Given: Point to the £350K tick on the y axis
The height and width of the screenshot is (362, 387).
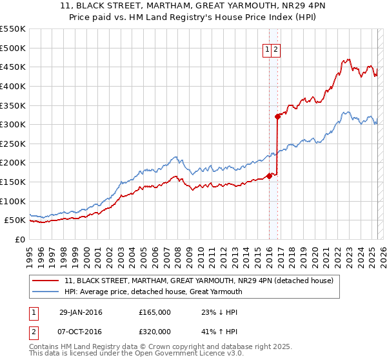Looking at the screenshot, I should point(13,105).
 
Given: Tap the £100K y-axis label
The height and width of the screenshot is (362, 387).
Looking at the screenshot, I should point(13,201).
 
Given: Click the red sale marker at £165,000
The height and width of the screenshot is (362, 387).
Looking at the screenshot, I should point(269,176).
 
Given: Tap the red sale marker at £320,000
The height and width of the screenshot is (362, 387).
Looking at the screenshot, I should point(277,117).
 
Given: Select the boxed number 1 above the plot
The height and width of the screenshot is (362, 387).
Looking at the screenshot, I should point(267,48).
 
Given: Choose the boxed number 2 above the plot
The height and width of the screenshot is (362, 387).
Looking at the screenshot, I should point(276,48).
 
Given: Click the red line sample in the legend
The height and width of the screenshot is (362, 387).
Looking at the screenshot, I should point(46,281).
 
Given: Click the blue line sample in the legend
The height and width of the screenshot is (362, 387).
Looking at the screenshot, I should point(46,292).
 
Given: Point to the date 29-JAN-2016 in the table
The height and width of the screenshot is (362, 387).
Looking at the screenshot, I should point(81,312).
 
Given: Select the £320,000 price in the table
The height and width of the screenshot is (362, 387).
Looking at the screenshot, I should point(155,332).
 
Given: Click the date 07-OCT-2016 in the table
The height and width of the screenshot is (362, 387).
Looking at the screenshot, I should point(81,332).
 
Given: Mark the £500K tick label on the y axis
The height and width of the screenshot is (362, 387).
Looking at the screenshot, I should point(13,48).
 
